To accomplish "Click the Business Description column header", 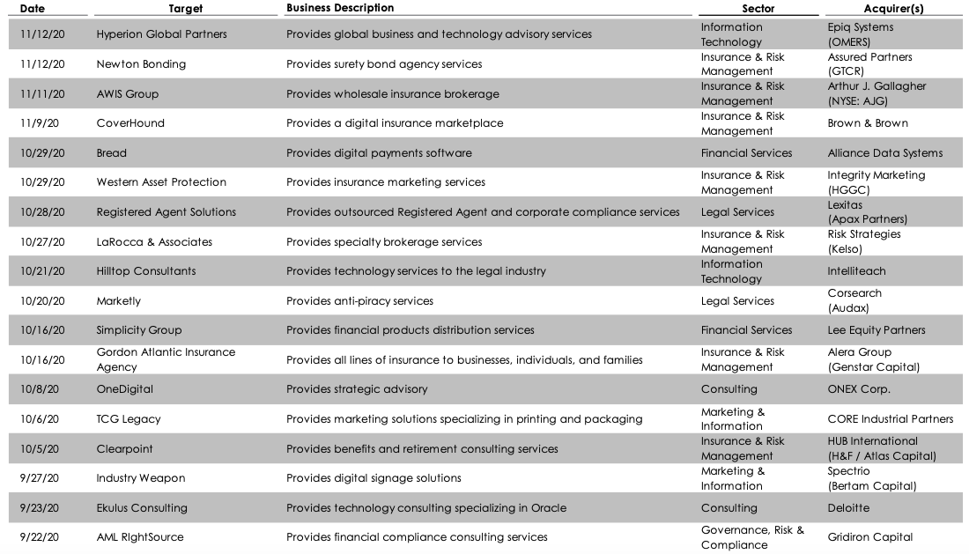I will point(340,8).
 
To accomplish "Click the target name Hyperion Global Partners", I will point(161,34).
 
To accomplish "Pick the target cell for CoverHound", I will point(130,123).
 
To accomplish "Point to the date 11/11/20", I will point(41,93).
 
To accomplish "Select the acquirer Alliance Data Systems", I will point(884,153).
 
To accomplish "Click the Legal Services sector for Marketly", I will point(737,301).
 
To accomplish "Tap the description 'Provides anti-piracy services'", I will point(359,301).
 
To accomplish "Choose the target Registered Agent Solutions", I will point(166,212).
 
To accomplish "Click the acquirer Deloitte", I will point(848,508).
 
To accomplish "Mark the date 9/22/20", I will point(41,537).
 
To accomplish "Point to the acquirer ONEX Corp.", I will point(859,389).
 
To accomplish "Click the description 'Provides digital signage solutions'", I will point(374,478).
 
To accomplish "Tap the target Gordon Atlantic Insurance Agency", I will point(166,359).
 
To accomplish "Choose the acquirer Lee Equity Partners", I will point(877,330).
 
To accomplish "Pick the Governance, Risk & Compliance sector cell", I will point(752,537).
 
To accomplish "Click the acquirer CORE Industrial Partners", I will point(890,419).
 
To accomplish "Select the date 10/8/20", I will point(37,389).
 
